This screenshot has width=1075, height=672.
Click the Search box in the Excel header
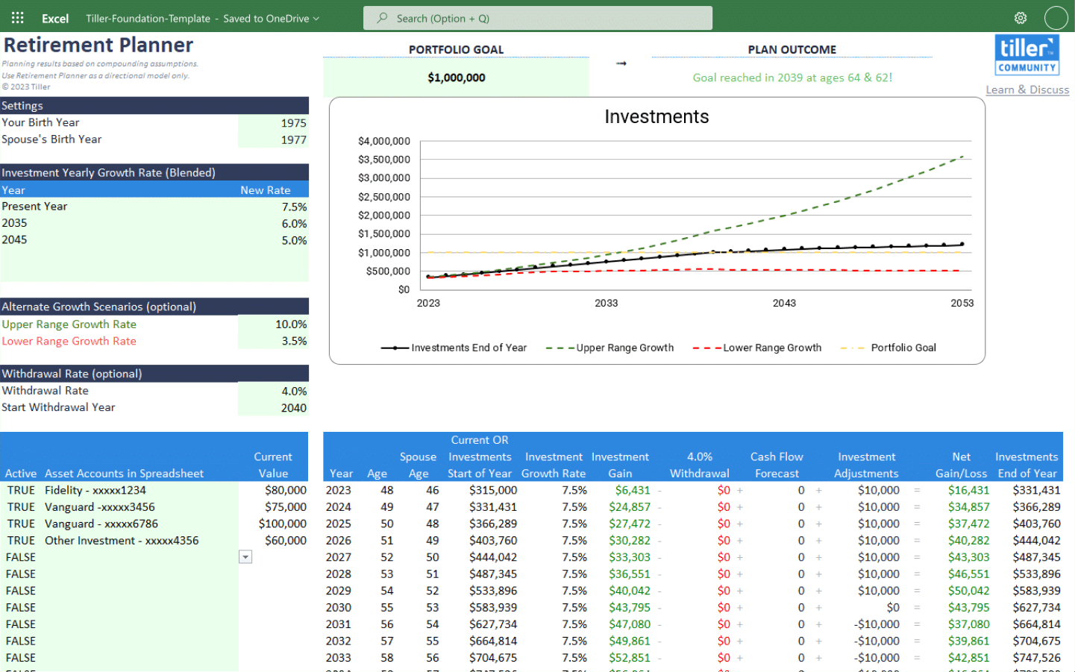pyautogui.click(x=537, y=18)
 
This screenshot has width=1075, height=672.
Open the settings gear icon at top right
pyautogui.click(x=1020, y=18)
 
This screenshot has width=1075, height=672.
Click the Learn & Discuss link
pyautogui.click(x=1027, y=90)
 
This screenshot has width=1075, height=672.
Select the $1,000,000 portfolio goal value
pyautogui.click(x=456, y=78)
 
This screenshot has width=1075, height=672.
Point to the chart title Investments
pyautogui.click(x=656, y=117)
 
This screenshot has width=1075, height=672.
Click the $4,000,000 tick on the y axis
pyautogui.click(x=383, y=141)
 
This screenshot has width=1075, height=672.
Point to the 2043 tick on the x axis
pyautogui.click(x=783, y=303)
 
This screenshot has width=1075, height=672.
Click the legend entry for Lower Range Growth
pyautogui.click(x=771, y=348)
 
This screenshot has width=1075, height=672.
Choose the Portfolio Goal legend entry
pyautogui.click(x=903, y=348)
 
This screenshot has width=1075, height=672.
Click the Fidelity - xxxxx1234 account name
pyautogui.click(x=95, y=490)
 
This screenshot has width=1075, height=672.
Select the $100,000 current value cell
pyautogui.click(x=282, y=524)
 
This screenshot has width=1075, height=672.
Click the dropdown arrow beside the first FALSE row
pyautogui.click(x=245, y=557)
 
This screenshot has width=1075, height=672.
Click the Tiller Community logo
pyautogui.click(x=1027, y=55)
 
